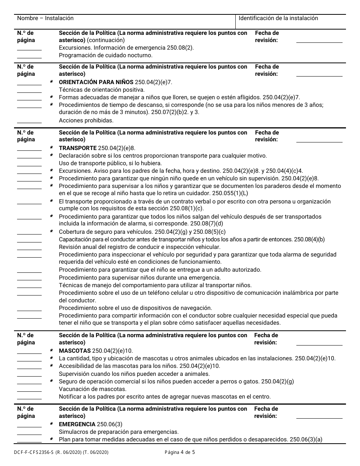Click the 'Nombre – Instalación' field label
pos(45,18)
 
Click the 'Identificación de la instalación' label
pos(278,18)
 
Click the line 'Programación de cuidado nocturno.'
pos(106,55)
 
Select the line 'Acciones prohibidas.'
pos(86,120)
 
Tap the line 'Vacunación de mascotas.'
pos(93,389)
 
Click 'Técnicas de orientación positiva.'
pos(102,90)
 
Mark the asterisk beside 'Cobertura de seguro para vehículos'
pos(52,232)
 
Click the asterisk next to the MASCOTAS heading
pos(52,351)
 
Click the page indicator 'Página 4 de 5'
pos(180,452)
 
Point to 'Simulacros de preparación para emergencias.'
pos(119,432)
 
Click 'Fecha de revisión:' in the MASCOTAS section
pos(266,339)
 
